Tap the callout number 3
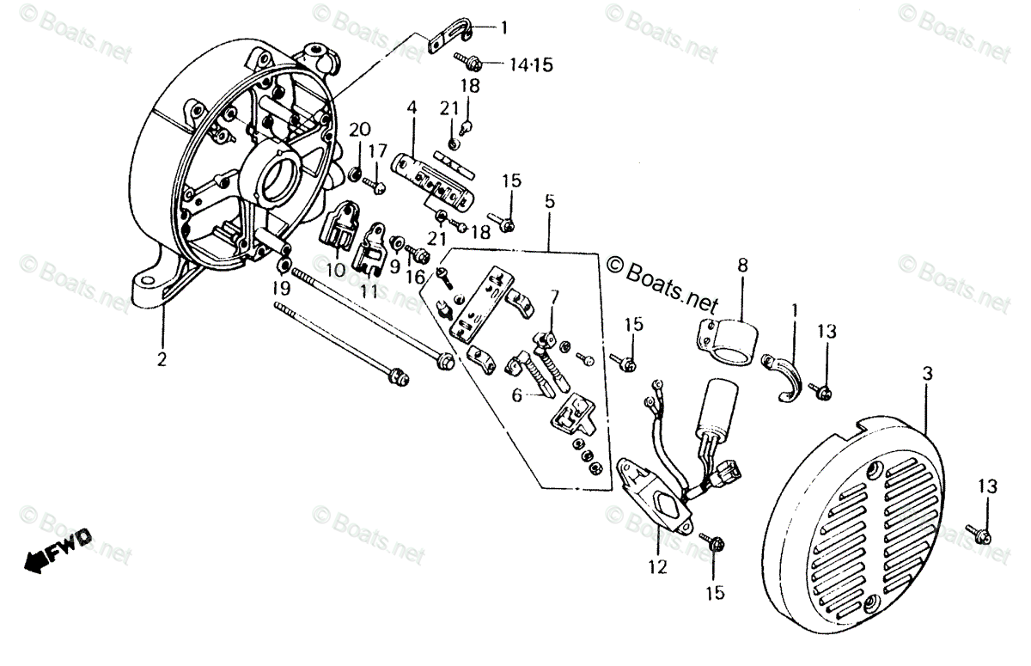(926, 374)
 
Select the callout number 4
(412, 107)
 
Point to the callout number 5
(549, 202)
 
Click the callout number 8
(742, 265)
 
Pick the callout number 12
(657, 567)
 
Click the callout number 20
(359, 130)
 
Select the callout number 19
(281, 286)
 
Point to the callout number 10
(336, 270)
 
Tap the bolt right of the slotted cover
(979, 534)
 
